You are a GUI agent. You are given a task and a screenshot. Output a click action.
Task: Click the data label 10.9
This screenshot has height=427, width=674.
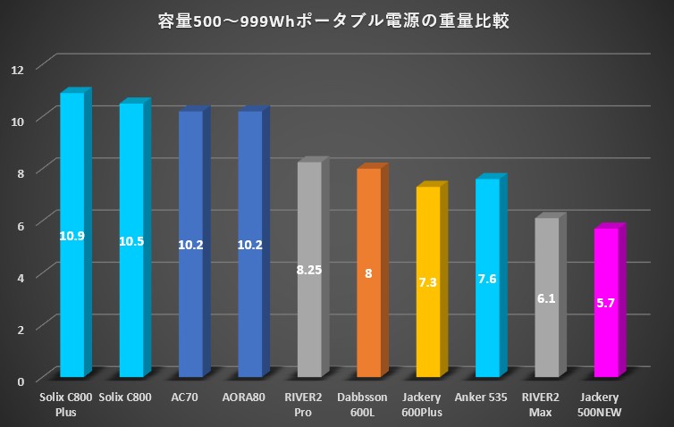(x=72, y=236)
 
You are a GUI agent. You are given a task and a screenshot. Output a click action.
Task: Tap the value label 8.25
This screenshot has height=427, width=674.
(x=309, y=269)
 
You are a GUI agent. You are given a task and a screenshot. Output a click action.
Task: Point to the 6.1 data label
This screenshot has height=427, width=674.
(x=546, y=299)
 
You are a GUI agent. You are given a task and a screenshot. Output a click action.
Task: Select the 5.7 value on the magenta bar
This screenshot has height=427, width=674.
(x=605, y=304)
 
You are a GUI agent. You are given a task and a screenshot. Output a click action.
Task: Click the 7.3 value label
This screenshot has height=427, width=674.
(x=428, y=282)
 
